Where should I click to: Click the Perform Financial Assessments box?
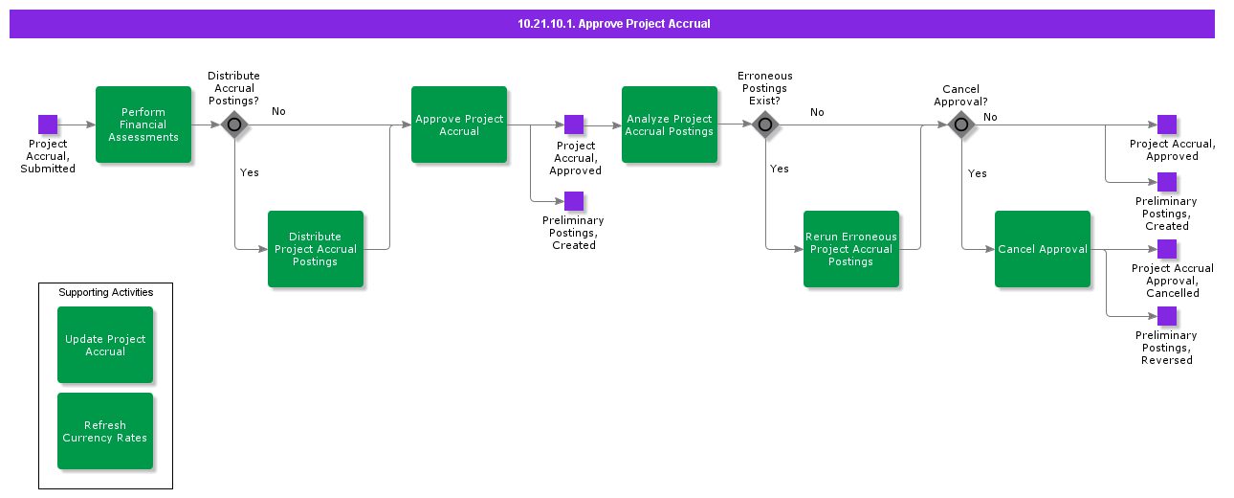click(143, 124)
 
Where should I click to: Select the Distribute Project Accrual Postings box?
click(316, 249)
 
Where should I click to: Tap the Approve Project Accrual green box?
click(459, 124)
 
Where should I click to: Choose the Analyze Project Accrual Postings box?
click(670, 124)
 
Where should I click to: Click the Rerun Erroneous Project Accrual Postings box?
click(851, 249)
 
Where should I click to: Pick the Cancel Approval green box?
click(1043, 249)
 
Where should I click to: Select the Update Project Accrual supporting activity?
click(105, 345)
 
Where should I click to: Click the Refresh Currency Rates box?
click(105, 431)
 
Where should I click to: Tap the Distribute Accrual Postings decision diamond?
click(234, 124)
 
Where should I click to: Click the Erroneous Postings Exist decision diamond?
click(765, 124)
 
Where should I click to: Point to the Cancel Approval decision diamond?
click(961, 124)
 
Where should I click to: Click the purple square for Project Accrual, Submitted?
click(48, 124)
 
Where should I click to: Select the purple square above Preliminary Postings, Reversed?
click(1167, 316)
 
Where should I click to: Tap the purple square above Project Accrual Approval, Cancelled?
click(1167, 249)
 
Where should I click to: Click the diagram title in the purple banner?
click(613, 24)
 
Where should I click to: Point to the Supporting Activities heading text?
click(105, 292)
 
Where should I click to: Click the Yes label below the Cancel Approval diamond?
click(977, 173)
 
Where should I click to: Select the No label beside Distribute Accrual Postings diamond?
click(278, 111)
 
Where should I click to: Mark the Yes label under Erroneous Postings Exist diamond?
click(780, 169)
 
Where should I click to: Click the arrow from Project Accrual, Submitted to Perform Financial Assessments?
click(77, 124)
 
